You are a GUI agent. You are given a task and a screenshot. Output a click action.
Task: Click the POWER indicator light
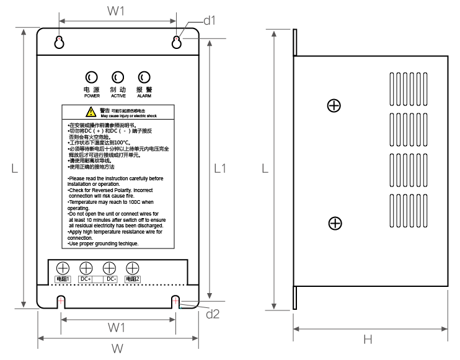(91, 77)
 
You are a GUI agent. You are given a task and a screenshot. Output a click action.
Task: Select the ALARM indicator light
(144, 77)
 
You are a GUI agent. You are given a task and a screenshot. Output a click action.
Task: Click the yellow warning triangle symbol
(91, 112)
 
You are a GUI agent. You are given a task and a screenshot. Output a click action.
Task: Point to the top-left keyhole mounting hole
(60, 42)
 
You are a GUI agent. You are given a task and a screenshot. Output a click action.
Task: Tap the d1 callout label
(210, 20)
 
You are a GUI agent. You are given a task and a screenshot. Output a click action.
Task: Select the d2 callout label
(213, 314)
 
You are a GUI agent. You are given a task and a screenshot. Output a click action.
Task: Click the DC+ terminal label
(86, 279)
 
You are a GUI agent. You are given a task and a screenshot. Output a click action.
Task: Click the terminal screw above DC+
(86, 268)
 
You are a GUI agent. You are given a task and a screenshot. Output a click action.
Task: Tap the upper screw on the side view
(334, 105)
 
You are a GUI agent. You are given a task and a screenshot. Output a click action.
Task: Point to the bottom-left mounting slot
(61, 302)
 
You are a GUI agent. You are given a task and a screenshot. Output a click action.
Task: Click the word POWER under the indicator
(91, 97)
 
